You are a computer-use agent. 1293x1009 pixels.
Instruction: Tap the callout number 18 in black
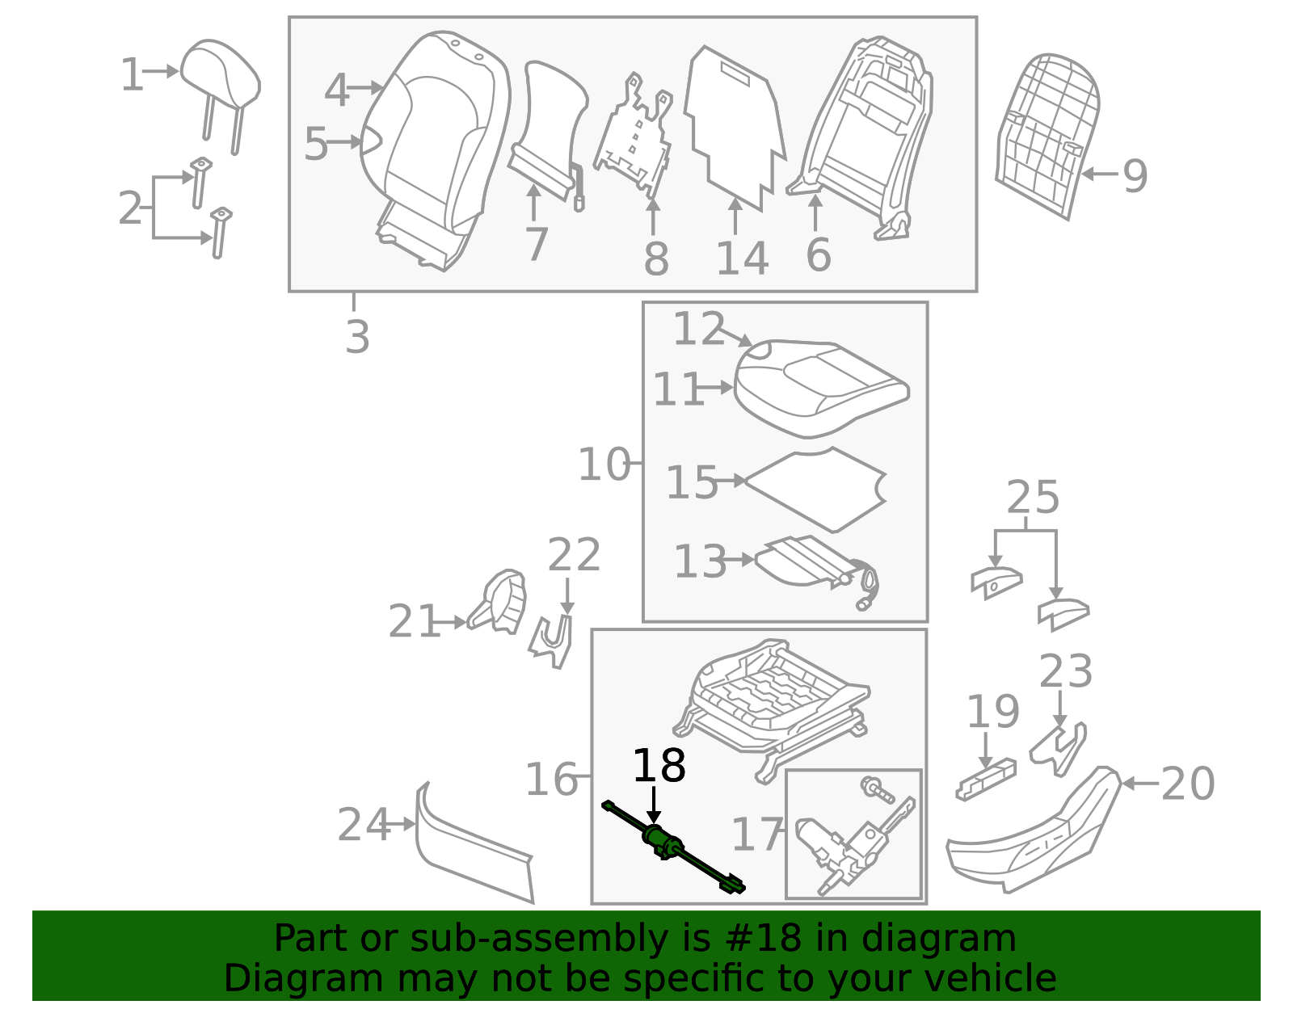point(659,766)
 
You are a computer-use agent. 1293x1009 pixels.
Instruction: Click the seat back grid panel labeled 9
point(1047,133)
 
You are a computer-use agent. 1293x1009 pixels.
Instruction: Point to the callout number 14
point(742,259)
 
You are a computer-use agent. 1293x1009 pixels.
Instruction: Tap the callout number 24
point(364,826)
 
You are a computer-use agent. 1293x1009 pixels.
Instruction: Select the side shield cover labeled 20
point(1034,836)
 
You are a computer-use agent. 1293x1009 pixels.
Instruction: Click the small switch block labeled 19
point(986,779)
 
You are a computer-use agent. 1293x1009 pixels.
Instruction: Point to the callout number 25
point(1033,498)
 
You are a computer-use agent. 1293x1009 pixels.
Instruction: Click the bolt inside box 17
point(876,789)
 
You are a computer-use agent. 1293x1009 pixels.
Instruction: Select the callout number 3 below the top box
point(356,337)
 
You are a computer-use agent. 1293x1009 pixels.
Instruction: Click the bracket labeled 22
point(552,642)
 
